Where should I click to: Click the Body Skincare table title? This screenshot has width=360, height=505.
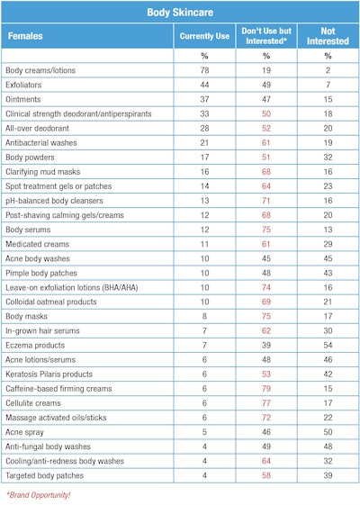180,13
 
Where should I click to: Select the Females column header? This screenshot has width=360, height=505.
27,37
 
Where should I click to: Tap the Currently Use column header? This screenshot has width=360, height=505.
203,37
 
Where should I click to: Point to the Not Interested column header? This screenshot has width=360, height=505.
327,37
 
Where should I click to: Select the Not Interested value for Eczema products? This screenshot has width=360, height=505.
327,345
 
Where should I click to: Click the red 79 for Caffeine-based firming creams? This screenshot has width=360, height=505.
265,388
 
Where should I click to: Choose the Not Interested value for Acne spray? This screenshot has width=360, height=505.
327,431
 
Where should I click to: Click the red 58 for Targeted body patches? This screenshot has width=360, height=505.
265,474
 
